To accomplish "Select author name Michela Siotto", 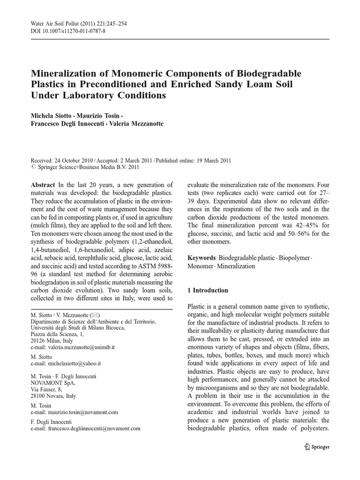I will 52,115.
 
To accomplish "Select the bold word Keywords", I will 202,258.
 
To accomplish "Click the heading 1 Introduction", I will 208,290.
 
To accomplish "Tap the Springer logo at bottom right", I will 317,447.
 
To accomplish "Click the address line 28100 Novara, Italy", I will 53,396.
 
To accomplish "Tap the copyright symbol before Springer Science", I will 33,166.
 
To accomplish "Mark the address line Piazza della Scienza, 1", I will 58,334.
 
